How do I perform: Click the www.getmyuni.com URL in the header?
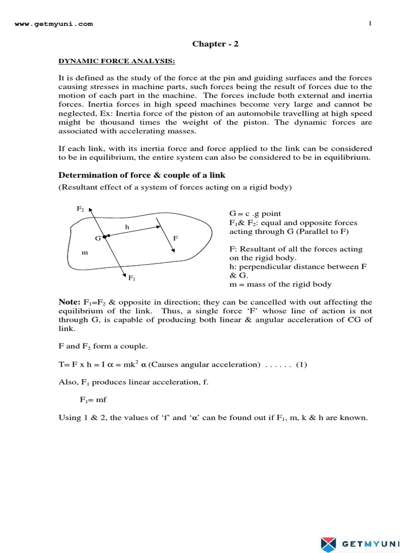pyautogui.click(x=53, y=24)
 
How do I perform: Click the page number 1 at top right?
pyautogui.click(x=370, y=23)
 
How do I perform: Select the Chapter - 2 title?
pyautogui.click(x=215, y=44)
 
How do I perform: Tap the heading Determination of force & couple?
pyautogui.click(x=142, y=175)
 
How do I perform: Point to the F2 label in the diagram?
pyautogui.click(x=80, y=208)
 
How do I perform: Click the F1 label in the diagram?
pyautogui.click(x=131, y=278)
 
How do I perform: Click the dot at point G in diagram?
pyautogui.click(x=104, y=237)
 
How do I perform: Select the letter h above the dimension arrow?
pyautogui.click(x=127, y=227)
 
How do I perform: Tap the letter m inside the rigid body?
pyautogui.click(x=85, y=252)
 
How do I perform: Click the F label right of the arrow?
pyautogui.click(x=175, y=238)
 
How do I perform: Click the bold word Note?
pyautogui.click(x=69, y=302)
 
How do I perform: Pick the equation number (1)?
pyautogui.click(x=300, y=365)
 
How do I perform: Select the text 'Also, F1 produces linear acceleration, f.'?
pyautogui.click(x=133, y=382)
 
